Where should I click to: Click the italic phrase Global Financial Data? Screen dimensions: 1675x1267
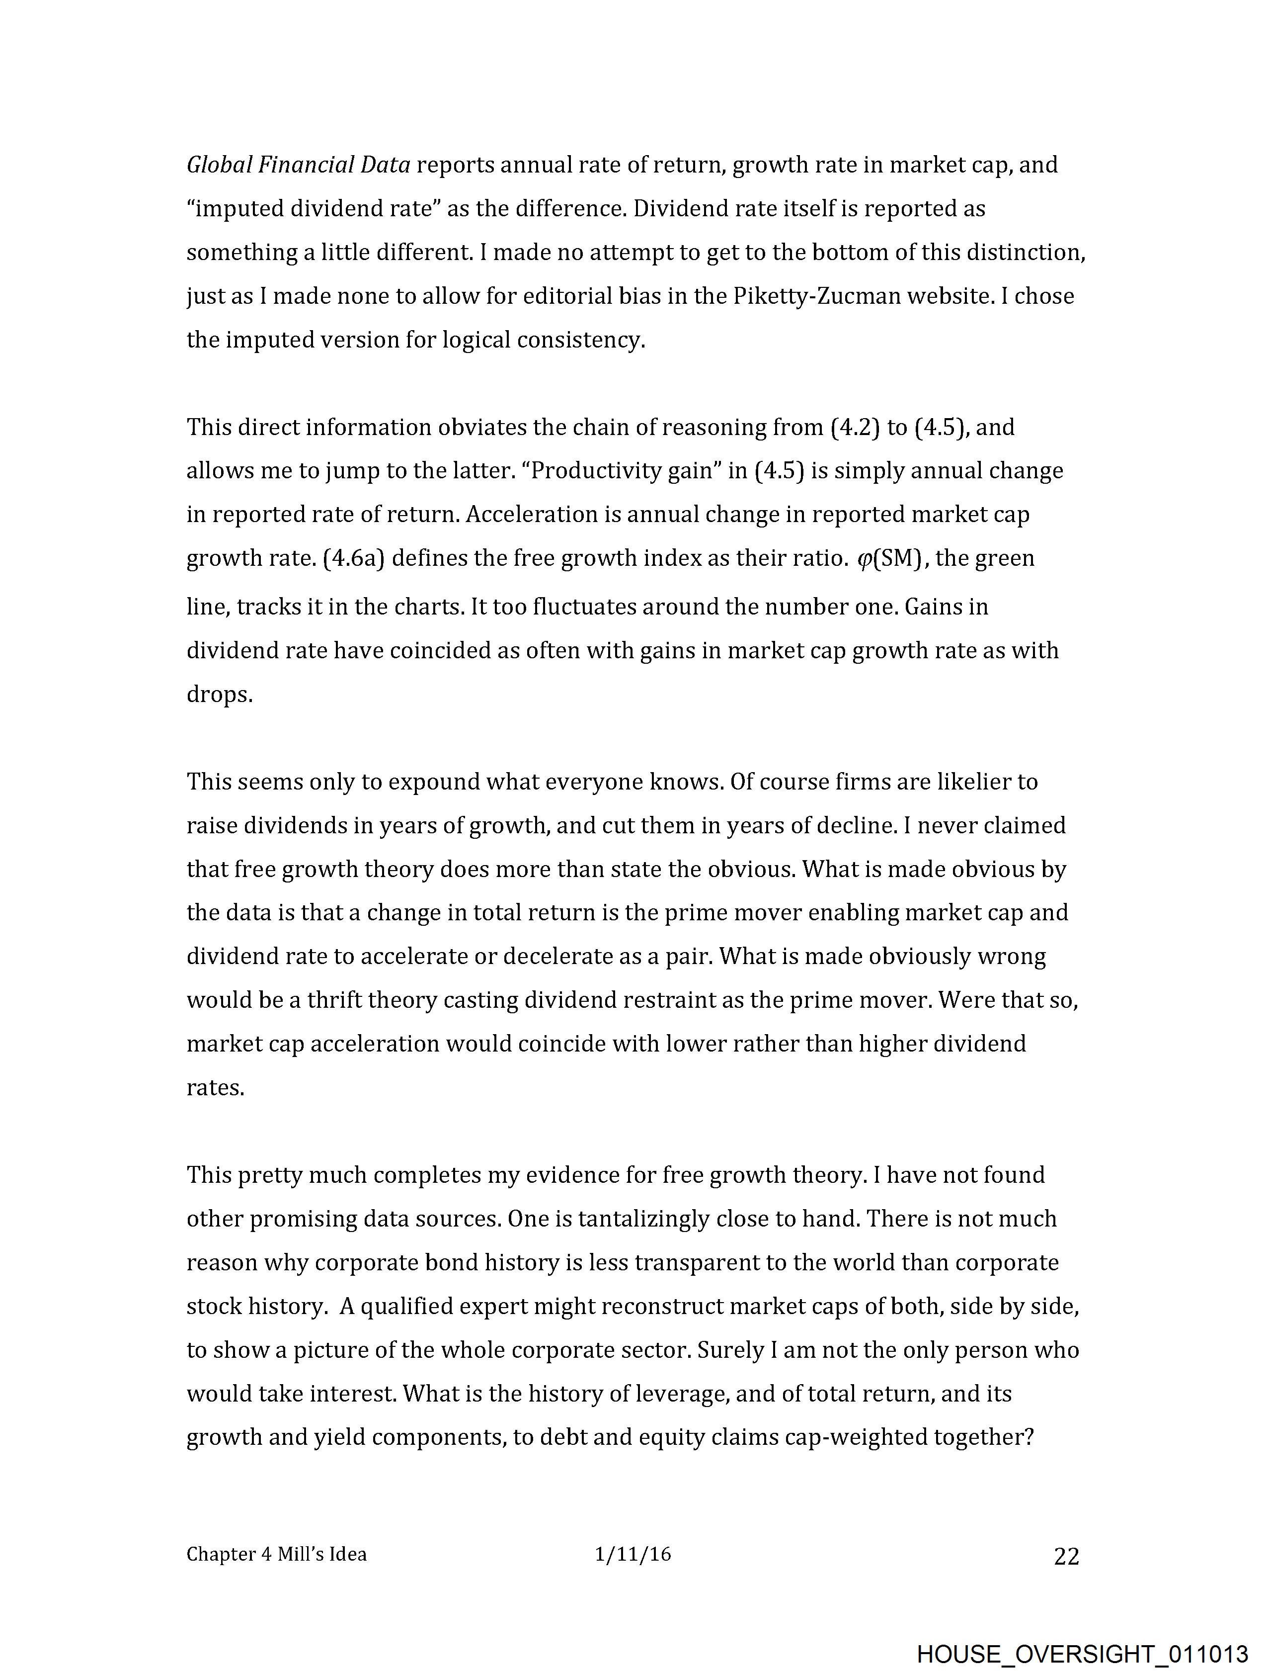tap(298, 165)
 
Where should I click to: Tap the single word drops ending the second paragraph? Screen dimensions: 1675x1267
tap(219, 695)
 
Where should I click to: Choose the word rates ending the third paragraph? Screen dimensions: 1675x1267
tap(215, 1088)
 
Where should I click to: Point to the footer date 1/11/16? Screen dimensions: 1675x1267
tap(633, 1555)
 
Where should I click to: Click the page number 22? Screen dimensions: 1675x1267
tap(1066, 1556)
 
